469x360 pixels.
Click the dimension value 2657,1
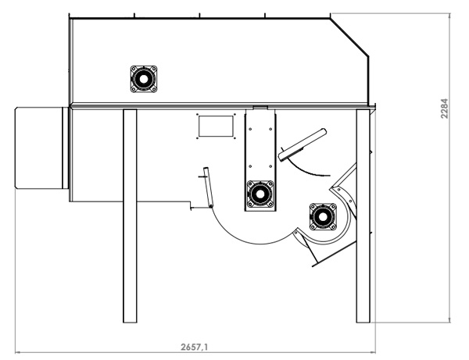[194, 347]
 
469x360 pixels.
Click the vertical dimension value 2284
[445, 109]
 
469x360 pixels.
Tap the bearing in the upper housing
[144, 79]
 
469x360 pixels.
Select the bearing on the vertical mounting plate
[260, 194]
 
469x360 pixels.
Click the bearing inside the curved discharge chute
[323, 217]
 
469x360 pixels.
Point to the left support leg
[130, 216]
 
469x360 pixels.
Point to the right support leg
[363, 216]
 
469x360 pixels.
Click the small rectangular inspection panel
[216, 126]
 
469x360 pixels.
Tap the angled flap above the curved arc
[302, 145]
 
